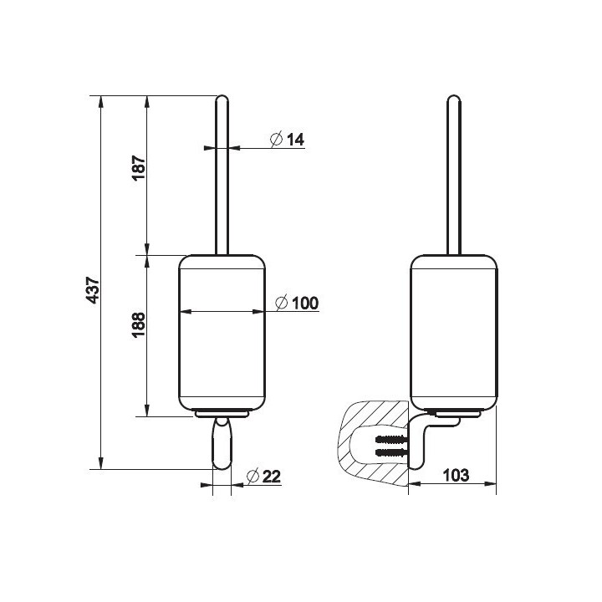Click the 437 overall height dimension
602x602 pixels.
pos(94,290)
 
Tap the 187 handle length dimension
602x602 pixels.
pos(139,167)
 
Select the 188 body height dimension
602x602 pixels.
pos(139,324)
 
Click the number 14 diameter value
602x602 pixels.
pos(295,140)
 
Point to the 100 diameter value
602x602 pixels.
pos(305,304)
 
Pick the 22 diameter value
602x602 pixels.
pos(272,477)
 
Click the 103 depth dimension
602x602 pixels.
pos(456,475)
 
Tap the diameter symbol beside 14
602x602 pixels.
pos(277,139)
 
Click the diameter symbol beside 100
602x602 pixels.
pos(282,303)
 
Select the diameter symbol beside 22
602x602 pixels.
pos(253,477)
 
